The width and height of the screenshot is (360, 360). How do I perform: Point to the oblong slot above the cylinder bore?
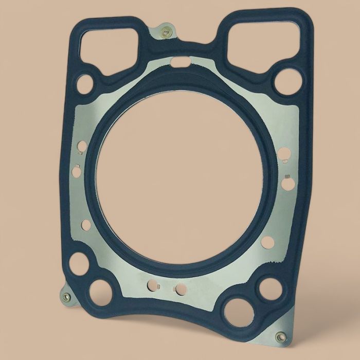tap(181, 63)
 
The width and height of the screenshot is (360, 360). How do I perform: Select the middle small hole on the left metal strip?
tap(77, 171)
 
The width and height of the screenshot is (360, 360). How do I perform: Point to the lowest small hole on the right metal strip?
tap(267, 242)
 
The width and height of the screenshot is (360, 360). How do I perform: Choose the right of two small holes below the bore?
tap(181, 289)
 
